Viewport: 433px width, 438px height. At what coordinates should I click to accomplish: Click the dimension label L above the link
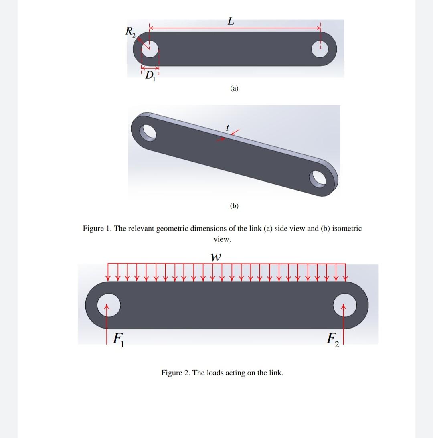tap(230, 21)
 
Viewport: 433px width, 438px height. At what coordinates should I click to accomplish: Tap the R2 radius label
tap(130, 31)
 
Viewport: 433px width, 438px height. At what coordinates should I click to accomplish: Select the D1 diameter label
tap(150, 75)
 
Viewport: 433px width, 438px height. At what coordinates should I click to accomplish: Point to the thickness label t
tap(227, 128)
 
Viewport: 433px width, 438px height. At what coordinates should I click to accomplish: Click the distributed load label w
tap(217, 256)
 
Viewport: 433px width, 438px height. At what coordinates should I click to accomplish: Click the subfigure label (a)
tap(234, 89)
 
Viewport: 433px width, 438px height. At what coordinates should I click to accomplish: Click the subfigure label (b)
tap(234, 206)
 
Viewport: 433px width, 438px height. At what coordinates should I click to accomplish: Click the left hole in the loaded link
tap(108, 306)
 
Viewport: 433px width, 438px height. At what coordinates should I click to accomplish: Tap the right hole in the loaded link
tap(344, 306)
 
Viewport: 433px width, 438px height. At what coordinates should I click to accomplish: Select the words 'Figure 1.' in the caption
tap(96, 229)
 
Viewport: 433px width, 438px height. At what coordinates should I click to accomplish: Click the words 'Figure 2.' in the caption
tap(175, 373)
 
